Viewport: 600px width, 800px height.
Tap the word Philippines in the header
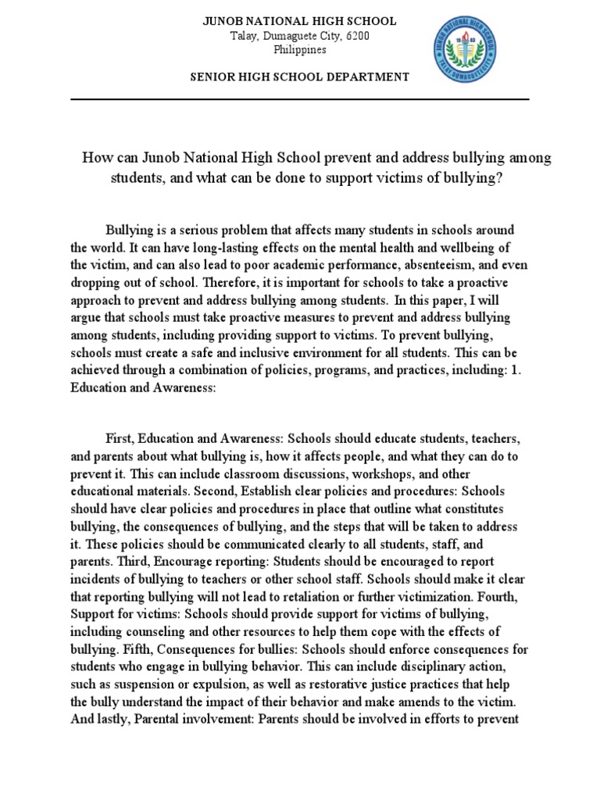(x=300, y=50)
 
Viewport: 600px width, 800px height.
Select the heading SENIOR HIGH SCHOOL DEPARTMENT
(x=300, y=77)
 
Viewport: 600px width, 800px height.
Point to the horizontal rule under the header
(x=300, y=100)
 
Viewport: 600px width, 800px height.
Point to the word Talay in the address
(x=245, y=36)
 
